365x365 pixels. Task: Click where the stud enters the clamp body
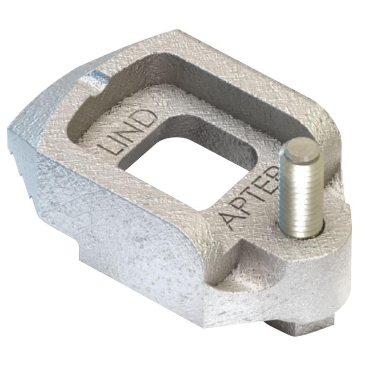303,231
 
